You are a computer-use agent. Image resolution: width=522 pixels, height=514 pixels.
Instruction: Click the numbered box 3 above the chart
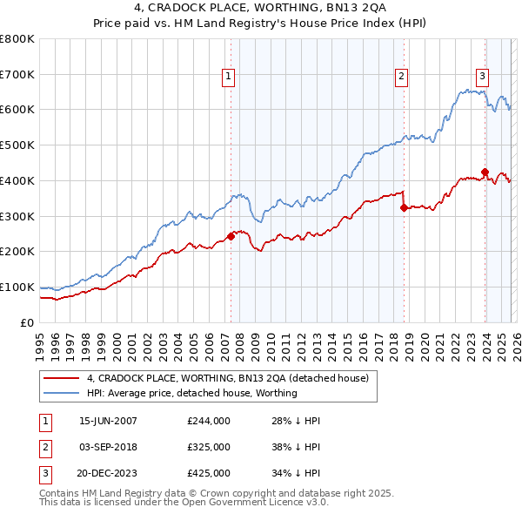(x=482, y=76)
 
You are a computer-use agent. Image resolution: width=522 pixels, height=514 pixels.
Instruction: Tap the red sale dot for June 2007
(x=231, y=236)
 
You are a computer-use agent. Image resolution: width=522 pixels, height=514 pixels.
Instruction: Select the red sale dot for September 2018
(x=404, y=207)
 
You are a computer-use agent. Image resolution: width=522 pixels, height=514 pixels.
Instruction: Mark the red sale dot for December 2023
(x=485, y=172)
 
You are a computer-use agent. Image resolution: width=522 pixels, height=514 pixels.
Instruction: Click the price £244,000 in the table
(x=209, y=421)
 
